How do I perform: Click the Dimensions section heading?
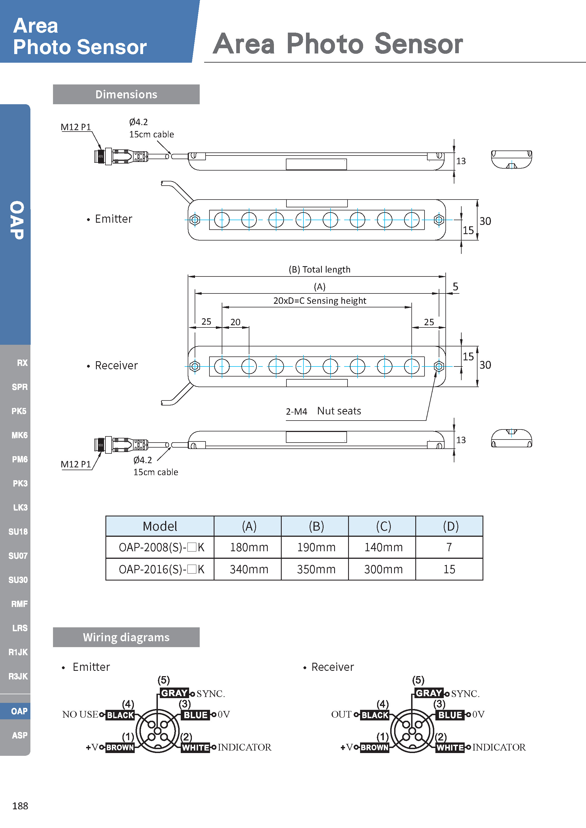click(x=126, y=94)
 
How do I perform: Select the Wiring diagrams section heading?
click(x=126, y=637)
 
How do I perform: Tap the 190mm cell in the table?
click(x=316, y=547)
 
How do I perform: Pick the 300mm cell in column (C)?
click(x=383, y=569)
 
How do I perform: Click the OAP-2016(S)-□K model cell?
click(x=161, y=569)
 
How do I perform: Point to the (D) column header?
click(x=450, y=526)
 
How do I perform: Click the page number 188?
click(x=20, y=806)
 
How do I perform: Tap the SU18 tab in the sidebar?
click(x=18, y=531)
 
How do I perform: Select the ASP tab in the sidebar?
click(x=20, y=735)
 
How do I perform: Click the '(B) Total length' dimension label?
click(x=319, y=270)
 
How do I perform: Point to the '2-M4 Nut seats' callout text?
click(x=323, y=411)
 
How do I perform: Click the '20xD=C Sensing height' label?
click(x=319, y=301)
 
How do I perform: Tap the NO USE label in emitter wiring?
click(x=80, y=714)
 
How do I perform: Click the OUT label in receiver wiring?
click(x=341, y=714)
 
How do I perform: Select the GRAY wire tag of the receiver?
click(x=429, y=693)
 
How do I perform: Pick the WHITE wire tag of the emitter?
click(x=195, y=747)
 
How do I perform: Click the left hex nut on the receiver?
click(x=195, y=366)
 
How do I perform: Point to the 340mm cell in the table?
click(x=249, y=569)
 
